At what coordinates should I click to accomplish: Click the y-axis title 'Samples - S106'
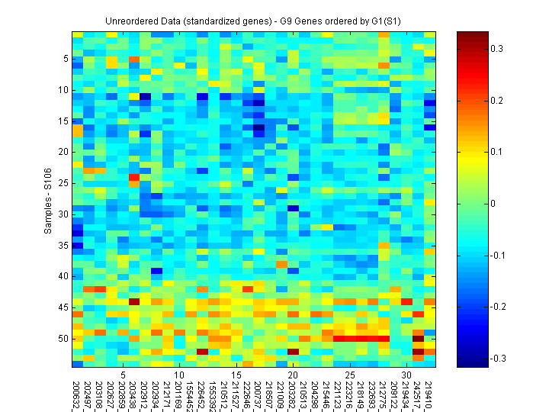tap(47, 199)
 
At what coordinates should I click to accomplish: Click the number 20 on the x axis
tap(292, 375)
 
